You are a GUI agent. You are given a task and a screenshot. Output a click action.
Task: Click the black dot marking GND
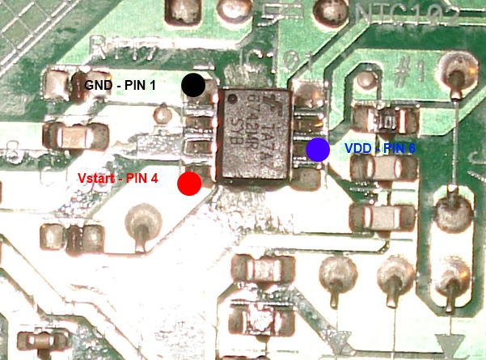[x=193, y=84]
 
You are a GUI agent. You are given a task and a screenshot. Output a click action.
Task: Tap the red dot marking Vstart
[x=189, y=184]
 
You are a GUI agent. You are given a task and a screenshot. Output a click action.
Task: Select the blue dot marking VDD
[x=318, y=149]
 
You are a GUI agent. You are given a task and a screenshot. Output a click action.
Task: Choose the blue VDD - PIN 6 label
[x=379, y=149]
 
